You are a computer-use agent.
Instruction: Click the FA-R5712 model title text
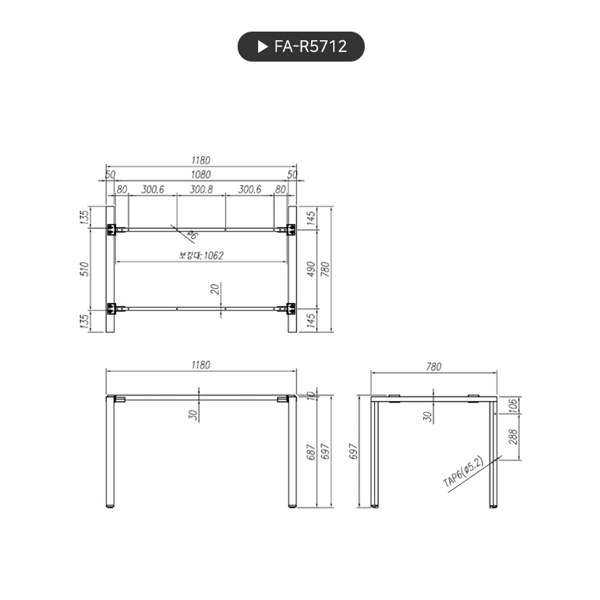click(x=310, y=47)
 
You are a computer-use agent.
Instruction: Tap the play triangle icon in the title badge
click(x=263, y=47)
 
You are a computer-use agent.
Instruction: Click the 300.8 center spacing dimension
click(x=201, y=189)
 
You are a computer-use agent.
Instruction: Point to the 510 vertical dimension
click(x=86, y=268)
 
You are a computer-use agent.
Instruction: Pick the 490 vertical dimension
click(x=311, y=268)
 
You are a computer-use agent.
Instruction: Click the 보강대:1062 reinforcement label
click(x=201, y=255)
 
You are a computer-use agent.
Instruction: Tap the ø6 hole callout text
click(x=192, y=234)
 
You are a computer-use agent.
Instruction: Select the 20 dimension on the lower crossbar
click(x=216, y=289)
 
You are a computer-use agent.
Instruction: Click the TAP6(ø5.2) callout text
click(x=463, y=471)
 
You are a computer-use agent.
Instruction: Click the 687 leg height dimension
click(x=311, y=452)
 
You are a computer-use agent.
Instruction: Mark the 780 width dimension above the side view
click(x=433, y=366)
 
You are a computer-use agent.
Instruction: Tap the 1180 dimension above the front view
click(x=201, y=365)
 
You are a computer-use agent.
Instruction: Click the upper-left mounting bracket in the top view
click(x=112, y=230)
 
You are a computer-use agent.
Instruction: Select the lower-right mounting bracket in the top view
click(x=291, y=308)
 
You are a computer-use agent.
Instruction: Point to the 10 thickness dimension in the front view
click(x=311, y=395)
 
